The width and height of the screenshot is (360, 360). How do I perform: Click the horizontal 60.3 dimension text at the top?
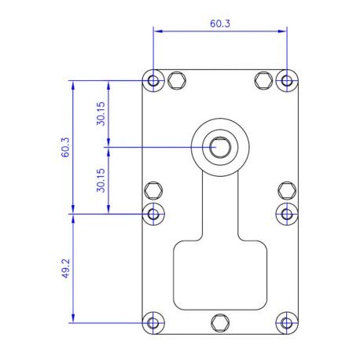pos(220,24)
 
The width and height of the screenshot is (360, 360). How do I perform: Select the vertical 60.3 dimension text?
pos(66,147)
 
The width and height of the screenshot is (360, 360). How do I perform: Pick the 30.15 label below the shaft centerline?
pos(101,180)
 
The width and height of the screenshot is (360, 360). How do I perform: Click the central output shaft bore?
pos(219,147)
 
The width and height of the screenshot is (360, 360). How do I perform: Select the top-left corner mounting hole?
pos(153,80)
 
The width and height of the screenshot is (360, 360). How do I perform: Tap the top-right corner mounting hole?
pos(287,80)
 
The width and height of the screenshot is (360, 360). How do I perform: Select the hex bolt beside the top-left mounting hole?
pos(176,80)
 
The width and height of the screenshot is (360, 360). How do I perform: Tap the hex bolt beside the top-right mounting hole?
pos(264,80)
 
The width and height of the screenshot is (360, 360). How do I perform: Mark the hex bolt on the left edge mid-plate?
pos(153,190)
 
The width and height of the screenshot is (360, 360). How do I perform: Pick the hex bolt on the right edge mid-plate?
pos(287,190)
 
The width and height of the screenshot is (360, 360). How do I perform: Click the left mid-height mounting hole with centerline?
pos(153,213)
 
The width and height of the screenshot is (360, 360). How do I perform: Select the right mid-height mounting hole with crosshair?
pos(287,213)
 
